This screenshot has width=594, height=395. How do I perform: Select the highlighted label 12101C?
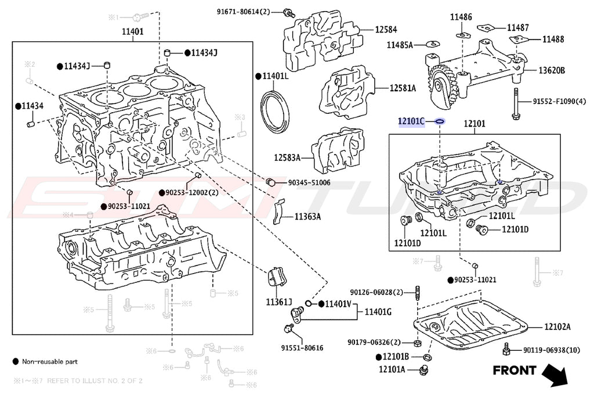[411, 121]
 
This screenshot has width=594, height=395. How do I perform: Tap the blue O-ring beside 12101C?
[439, 122]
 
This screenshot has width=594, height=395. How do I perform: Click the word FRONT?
[515, 370]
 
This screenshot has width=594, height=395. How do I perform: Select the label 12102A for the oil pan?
[557, 328]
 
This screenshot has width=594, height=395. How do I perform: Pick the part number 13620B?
[552, 70]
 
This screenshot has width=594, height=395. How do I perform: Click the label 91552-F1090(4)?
[560, 102]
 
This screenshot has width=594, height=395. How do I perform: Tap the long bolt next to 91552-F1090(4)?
[515, 105]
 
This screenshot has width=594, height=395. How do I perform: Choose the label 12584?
[386, 28]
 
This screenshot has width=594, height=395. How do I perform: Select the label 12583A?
[287, 157]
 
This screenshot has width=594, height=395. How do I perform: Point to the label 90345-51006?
[309, 183]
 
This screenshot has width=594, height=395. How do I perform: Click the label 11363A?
[307, 217]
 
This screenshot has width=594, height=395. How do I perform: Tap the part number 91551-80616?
[302, 348]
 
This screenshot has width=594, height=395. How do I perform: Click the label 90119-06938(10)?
[551, 350]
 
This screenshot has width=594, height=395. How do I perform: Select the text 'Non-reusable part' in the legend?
[50, 361]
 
